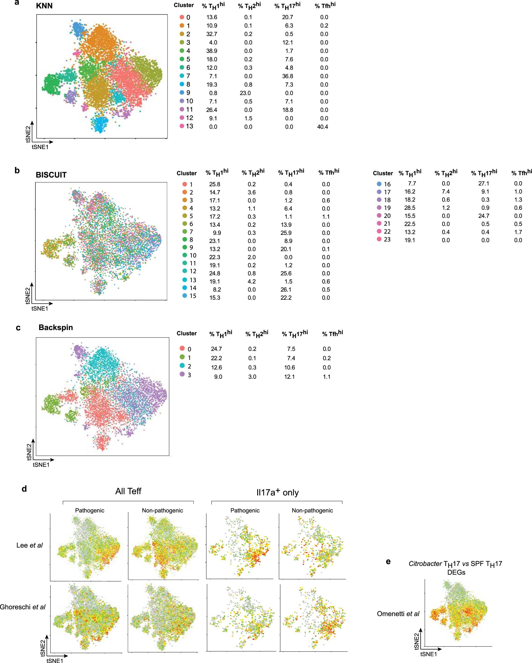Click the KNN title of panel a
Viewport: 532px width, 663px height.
(44, 6)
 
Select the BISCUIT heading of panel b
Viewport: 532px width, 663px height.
(51, 175)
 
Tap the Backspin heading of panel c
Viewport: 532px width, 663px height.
(56, 327)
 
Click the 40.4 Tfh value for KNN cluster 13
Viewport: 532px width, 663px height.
(322, 127)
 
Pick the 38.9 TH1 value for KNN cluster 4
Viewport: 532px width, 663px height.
(212, 51)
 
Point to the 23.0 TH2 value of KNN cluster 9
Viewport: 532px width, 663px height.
(245, 93)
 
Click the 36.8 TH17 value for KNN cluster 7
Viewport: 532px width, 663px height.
(288, 76)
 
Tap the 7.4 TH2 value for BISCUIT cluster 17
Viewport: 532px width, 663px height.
(446, 191)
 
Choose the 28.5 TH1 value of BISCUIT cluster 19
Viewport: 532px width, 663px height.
(410, 208)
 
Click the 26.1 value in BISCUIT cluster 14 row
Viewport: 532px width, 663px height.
(286, 290)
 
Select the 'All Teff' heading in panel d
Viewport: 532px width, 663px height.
(128, 491)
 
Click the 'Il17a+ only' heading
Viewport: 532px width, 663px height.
(277, 492)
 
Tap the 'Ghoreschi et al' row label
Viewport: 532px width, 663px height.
(23, 607)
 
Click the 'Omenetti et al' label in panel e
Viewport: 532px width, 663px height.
(398, 614)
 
